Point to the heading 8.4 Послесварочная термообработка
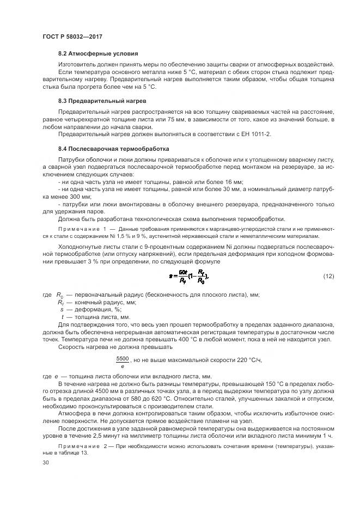pos(114,149)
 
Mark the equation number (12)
pos(328,277)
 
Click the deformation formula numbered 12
pos(188,277)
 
